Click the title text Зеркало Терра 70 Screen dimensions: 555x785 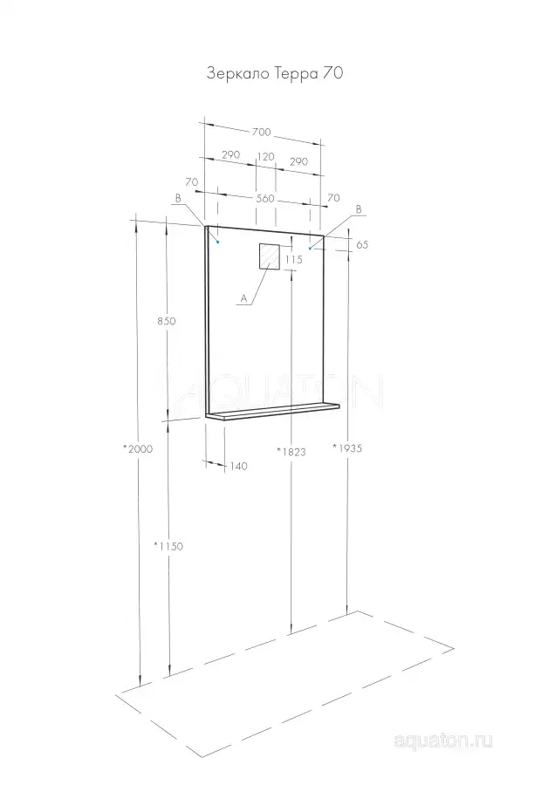(275, 73)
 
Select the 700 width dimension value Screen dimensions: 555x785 (261, 133)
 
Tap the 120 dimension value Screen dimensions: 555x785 (265, 157)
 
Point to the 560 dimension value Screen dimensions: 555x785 (265, 199)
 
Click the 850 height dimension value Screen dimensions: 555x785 (167, 321)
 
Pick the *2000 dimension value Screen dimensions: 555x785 (138, 449)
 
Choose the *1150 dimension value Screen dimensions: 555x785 (168, 546)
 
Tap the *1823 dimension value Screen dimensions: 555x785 (291, 452)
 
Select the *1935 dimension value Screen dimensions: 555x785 (347, 448)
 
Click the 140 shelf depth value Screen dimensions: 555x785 (238, 467)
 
